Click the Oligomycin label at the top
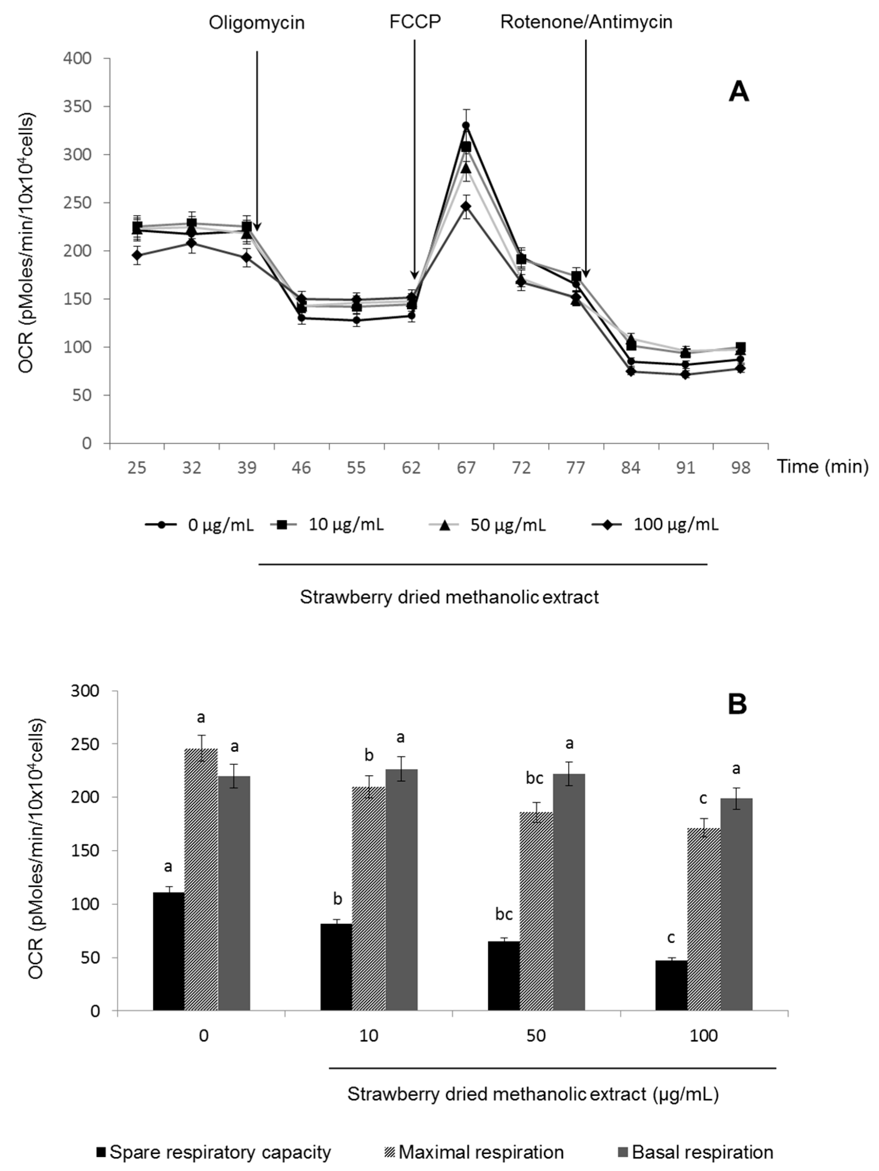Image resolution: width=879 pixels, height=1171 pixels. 256,23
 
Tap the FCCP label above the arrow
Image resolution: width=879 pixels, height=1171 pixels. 414,21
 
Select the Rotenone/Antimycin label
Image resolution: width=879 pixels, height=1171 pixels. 586,22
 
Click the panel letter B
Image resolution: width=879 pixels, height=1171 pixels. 737,704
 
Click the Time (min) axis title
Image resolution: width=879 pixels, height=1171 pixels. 822,466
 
